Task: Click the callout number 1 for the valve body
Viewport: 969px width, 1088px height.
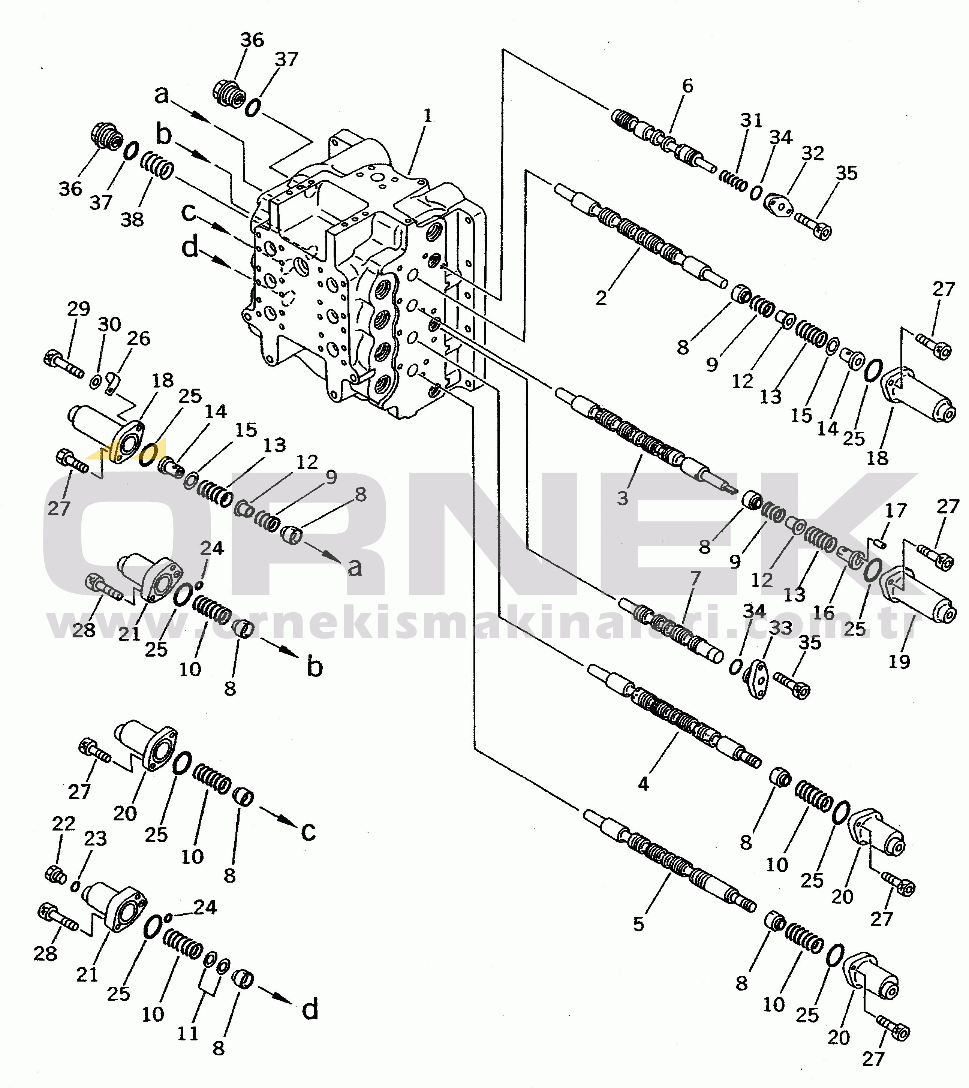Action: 428,115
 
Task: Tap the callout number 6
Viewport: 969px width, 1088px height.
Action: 687,86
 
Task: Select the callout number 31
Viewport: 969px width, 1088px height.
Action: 751,120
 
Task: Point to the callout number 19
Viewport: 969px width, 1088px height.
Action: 899,661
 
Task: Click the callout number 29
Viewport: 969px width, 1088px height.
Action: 79,309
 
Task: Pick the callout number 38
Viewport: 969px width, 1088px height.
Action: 132,219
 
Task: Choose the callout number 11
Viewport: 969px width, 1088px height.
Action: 187,1033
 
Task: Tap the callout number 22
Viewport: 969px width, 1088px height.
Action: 63,823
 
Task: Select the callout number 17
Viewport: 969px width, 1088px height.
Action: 895,510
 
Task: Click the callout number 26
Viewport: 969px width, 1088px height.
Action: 138,338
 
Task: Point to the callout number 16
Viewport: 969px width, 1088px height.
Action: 824,612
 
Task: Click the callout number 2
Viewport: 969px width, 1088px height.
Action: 601,298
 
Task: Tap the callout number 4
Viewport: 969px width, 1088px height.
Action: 643,784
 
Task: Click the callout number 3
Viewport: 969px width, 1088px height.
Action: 622,498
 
